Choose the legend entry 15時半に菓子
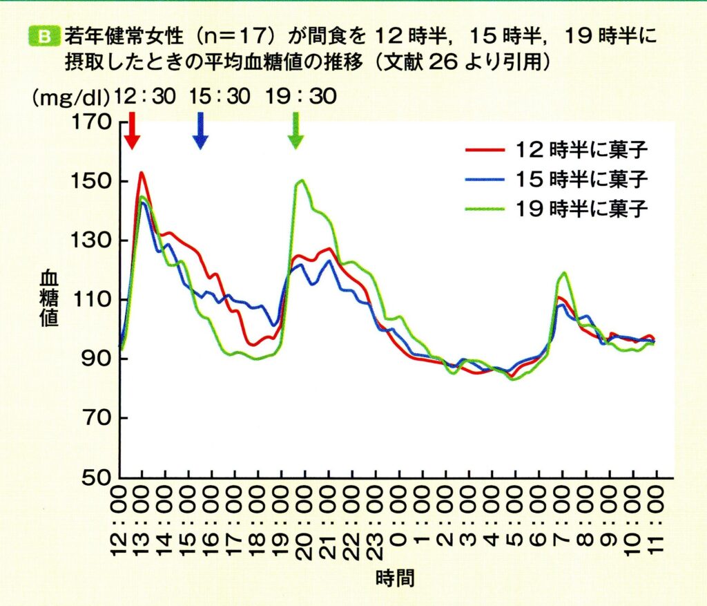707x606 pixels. pyautogui.click(x=556, y=178)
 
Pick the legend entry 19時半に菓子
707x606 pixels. pyautogui.click(x=556, y=207)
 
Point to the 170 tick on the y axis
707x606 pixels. pyautogui.click(x=91, y=122)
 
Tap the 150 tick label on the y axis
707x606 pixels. pyautogui.click(x=91, y=182)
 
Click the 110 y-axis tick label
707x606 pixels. pyautogui.click(x=91, y=300)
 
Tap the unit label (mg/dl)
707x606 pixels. pyautogui.click(x=70, y=97)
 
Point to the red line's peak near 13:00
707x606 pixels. pyautogui.click(x=141, y=173)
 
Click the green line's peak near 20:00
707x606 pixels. pyautogui.click(x=302, y=180)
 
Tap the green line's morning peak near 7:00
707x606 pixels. pyautogui.click(x=565, y=273)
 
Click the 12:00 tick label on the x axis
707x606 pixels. pyautogui.click(x=120, y=519)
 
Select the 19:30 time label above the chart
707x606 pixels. pyautogui.click(x=302, y=96)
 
